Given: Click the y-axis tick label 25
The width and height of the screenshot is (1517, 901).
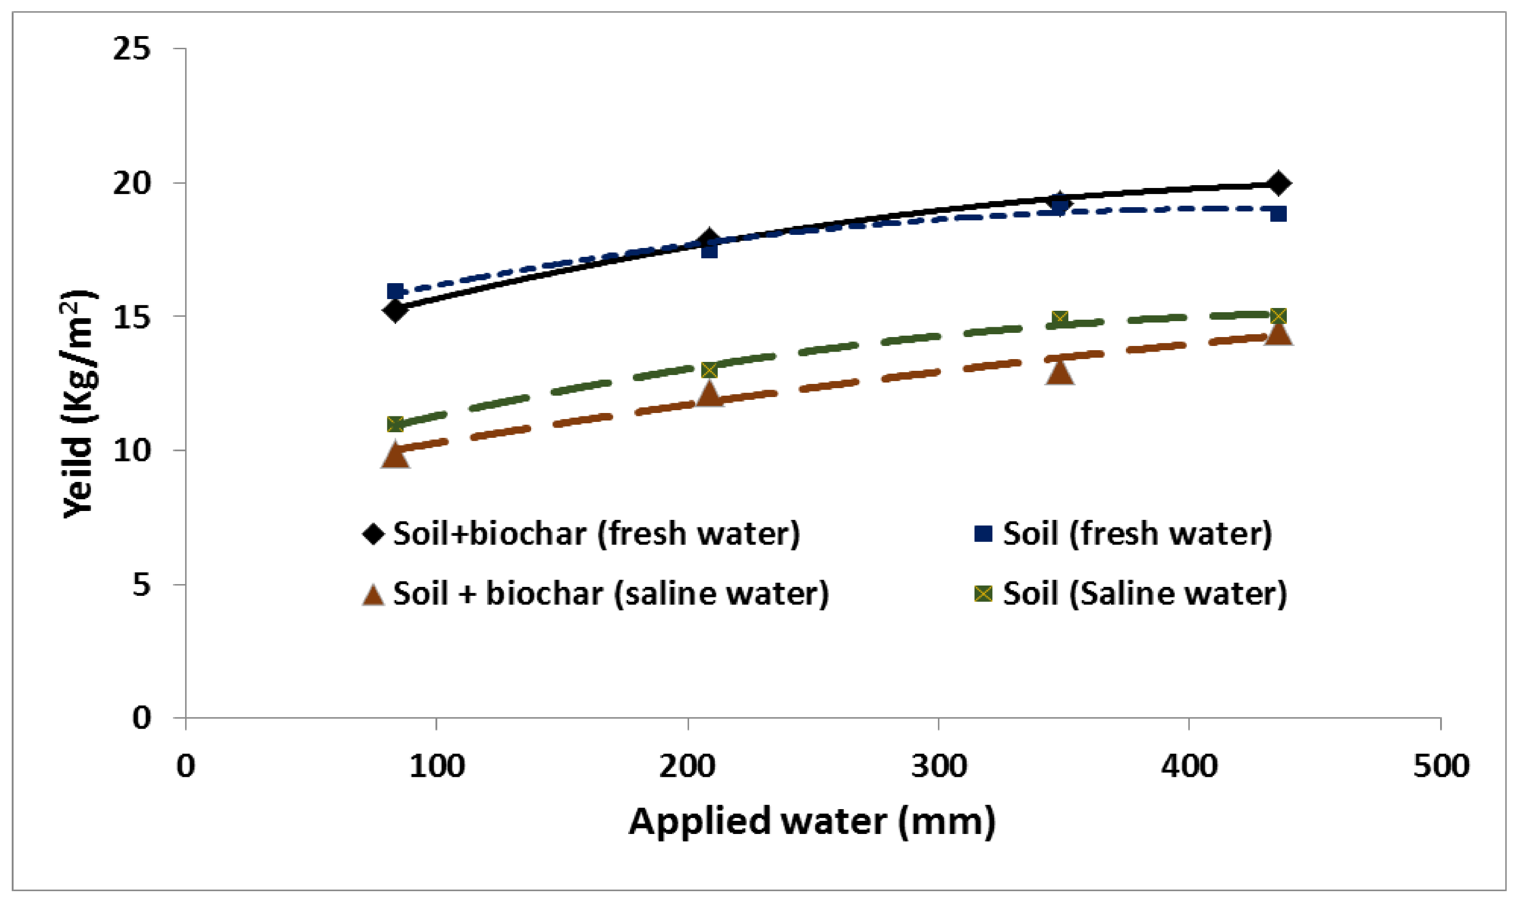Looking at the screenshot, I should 131,49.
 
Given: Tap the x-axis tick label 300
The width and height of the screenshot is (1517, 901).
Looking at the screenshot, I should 939,766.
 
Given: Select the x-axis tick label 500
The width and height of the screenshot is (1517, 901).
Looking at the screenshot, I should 1441,766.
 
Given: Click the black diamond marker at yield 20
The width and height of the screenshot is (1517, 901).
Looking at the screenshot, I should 1278,183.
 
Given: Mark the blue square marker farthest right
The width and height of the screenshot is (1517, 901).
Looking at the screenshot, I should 1278,214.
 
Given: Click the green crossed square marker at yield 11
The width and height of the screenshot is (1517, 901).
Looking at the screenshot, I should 395,424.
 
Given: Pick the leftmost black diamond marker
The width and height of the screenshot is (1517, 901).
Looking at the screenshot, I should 395,311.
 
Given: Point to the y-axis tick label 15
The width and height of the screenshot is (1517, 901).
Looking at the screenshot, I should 131,316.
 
